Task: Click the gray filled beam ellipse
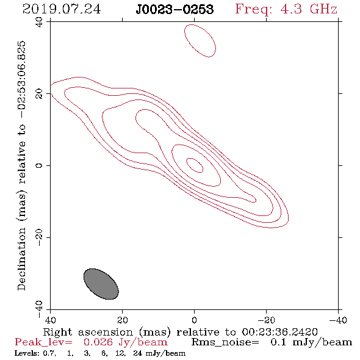[101, 284]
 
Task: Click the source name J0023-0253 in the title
[175, 9]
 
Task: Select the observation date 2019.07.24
[62, 9]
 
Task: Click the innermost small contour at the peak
[195, 165]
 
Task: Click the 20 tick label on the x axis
[123, 320]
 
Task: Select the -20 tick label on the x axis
[266, 320]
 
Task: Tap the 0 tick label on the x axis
[194, 320]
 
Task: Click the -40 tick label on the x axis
[338, 320]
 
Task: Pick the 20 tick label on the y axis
[39, 94]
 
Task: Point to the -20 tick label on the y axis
[39, 237]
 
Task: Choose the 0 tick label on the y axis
[39, 165]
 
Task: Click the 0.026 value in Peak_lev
[98, 342]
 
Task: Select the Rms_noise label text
[225, 342]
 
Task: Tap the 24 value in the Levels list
[137, 353]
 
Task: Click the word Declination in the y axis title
[21, 259]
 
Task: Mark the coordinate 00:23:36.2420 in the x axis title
[279, 332]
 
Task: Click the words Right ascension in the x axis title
[88, 332]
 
